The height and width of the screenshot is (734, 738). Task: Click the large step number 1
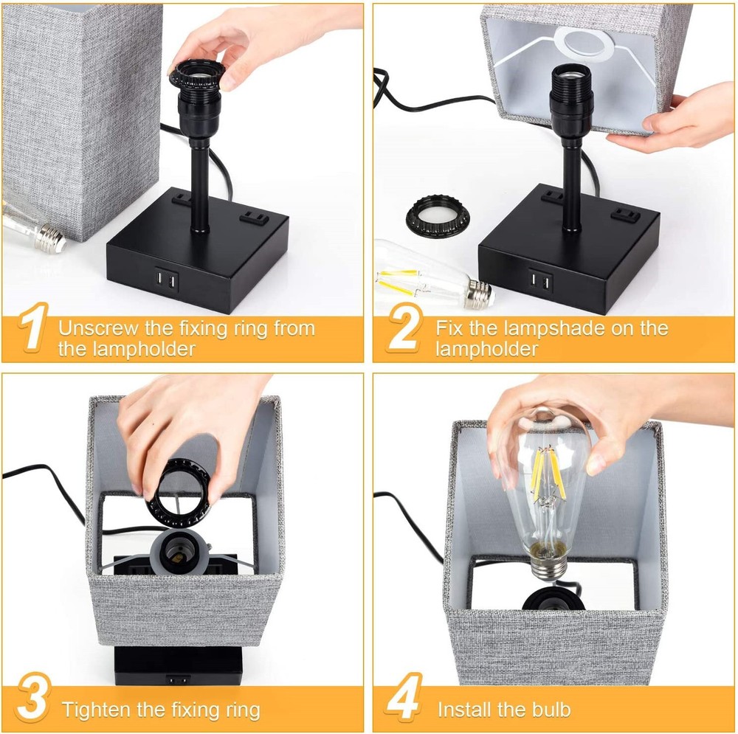[33, 327]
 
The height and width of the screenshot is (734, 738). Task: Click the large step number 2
[404, 328]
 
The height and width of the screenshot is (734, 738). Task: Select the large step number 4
[404, 697]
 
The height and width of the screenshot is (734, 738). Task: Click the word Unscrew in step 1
[98, 328]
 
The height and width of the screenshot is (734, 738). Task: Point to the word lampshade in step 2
[554, 329]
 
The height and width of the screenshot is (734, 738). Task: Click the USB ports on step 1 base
[166, 281]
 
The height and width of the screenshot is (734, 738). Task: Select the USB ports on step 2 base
[540, 281]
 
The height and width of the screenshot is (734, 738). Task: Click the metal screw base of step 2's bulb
[479, 293]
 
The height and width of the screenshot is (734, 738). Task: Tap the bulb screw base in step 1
[49, 238]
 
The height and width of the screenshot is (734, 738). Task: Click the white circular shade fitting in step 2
[584, 45]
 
